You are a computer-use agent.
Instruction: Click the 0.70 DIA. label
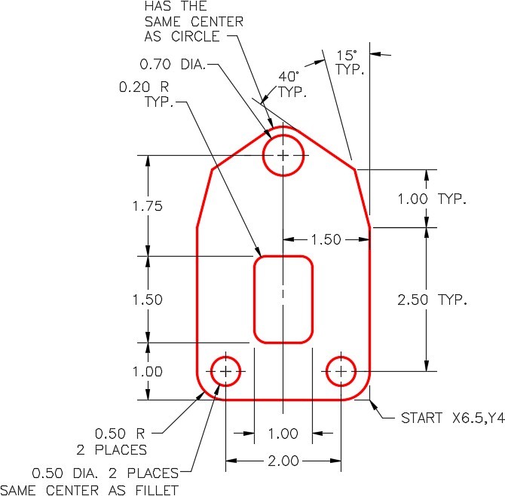coord(173,64)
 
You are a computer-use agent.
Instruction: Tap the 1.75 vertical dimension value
coord(148,206)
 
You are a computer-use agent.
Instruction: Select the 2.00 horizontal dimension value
coord(283,461)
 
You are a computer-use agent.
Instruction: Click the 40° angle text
coord(289,77)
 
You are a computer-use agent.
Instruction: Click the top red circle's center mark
coord(283,155)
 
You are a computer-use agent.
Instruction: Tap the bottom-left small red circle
coord(225,371)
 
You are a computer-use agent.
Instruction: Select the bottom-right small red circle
coord(341,371)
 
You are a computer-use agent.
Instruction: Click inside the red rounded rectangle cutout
coord(283,300)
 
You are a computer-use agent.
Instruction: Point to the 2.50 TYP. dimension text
coord(432,300)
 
